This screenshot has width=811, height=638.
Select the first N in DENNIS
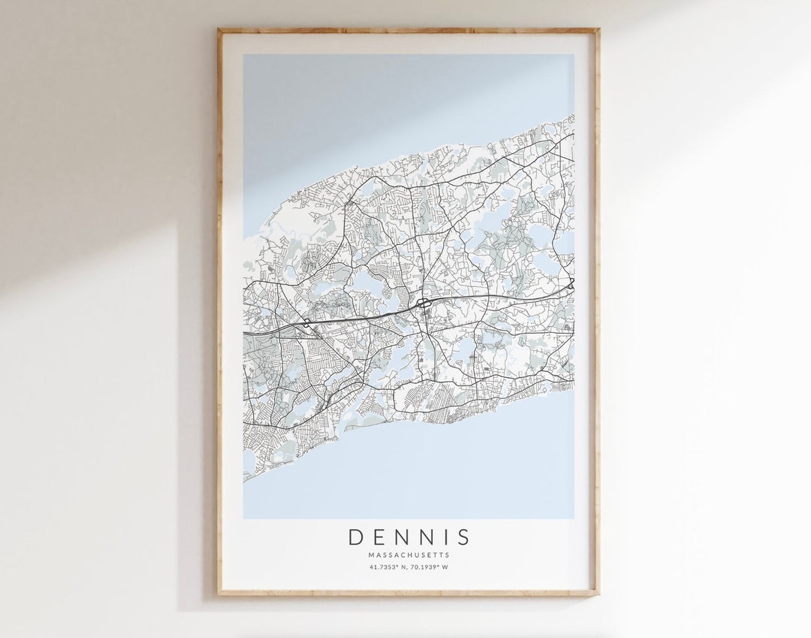pyautogui.click(x=404, y=537)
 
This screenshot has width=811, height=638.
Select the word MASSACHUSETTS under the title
pyautogui.click(x=409, y=555)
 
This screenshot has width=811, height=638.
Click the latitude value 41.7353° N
pyautogui.click(x=387, y=567)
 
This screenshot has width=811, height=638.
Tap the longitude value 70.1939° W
pyautogui.click(x=431, y=567)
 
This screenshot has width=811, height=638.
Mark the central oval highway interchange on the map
pyautogui.click(x=424, y=302)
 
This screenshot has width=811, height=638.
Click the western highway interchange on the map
pyautogui.click(x=307, y=323)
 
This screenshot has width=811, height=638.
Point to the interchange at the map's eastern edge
pyautogui.click(x=571, y=283)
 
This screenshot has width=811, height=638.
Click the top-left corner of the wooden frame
pyautogui.click(x=219, y=29)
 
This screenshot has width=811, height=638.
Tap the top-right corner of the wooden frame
pyautogui.click(x=598, y=29)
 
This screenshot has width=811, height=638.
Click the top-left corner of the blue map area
pyautogui.click(x=243, y=54)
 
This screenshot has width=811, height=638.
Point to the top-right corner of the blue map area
pyautogui.click(x=574, y=54)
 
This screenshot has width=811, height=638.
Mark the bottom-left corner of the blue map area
pyautogui.click(x=243, y=519)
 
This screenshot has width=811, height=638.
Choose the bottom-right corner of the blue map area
pyautogui.click(x=574, y=519)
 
